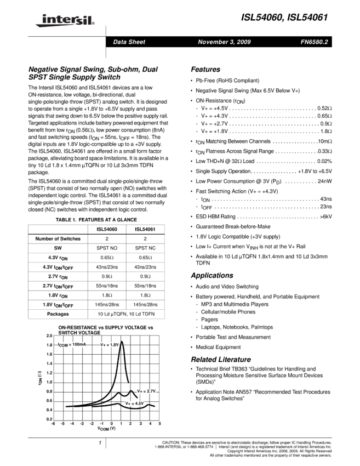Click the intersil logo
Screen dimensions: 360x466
point(63,21)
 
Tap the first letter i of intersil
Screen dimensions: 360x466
point(43,19)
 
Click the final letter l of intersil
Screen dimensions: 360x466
point(89,20)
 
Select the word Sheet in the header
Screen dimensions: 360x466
point(137,42)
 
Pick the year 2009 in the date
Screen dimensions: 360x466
point(244,42)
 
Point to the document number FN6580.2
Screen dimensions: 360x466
point(314,42)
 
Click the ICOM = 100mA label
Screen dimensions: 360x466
point(72,345)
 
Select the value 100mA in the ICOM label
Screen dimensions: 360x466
point(79,344)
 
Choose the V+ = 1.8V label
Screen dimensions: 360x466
point(110,345)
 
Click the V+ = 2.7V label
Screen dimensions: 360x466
point(147,391)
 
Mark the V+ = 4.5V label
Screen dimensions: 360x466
point(135,404)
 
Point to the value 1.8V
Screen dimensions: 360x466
point(114,345)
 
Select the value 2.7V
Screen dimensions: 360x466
point(151,391)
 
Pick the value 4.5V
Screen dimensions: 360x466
point(139,404)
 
